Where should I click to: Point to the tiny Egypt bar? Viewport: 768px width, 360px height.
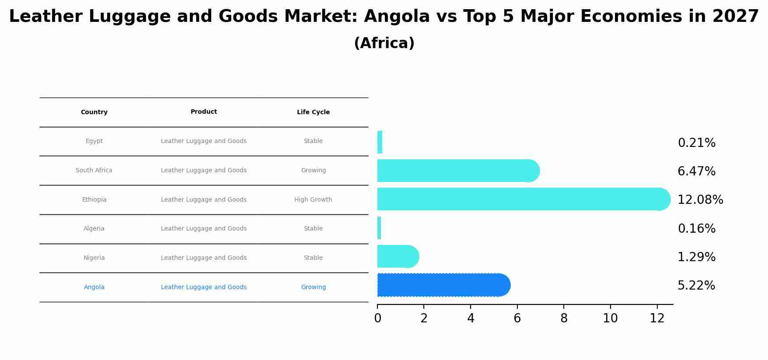tap(380, 142)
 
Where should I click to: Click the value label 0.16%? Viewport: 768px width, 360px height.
tap(696, 229)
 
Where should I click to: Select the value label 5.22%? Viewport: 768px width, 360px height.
tap(696, 286)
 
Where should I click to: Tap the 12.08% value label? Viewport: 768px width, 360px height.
tap(700, 200)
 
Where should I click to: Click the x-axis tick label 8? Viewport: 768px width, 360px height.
tap(564, 318)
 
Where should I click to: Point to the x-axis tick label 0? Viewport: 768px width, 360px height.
tap(377, 318)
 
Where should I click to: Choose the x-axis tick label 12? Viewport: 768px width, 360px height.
tap(657, 318)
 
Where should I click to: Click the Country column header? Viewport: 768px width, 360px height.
tap(94, 112)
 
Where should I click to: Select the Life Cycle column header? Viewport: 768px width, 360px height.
tap(313, 112)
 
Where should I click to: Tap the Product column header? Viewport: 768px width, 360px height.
tap(204, 112)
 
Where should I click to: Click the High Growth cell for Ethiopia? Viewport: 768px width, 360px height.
tap(313, 200)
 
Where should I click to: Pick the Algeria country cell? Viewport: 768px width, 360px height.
tap(94, 229)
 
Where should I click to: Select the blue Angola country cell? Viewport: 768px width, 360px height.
tap(94, 287)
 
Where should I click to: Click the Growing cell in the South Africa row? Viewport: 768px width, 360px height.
tap(313, 171)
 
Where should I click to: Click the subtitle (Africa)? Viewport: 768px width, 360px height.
tap(384, 44)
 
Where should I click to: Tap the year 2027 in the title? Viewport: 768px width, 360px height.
tap(735, 17)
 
